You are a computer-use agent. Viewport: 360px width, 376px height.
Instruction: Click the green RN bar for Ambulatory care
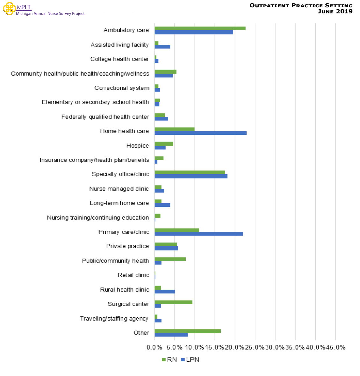coord(200,28)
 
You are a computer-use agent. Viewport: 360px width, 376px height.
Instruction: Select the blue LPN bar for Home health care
coord(200,133)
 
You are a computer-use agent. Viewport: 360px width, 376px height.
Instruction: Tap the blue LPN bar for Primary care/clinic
coord(198,234)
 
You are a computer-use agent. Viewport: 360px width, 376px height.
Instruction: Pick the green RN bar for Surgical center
coord(173,302)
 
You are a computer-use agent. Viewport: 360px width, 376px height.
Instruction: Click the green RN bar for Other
coord(187,331)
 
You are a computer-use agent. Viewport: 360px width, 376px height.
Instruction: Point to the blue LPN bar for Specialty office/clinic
coord(191,176)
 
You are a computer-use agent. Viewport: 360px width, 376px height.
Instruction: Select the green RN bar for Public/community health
coord(170,259)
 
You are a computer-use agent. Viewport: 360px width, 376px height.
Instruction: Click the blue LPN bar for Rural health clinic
coord(164,292)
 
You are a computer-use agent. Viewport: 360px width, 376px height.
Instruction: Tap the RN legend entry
coord(169,360)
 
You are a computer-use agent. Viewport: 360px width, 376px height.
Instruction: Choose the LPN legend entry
coord(190,360)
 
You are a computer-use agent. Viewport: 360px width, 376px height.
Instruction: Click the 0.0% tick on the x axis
coord(155,347)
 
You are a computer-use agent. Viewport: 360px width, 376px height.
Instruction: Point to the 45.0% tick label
coord(335,347)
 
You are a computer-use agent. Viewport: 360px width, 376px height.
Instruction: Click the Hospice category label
coord(137,146)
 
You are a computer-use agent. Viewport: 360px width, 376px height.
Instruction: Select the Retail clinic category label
coord(133,275)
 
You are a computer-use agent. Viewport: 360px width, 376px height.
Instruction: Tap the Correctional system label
coord(122,88)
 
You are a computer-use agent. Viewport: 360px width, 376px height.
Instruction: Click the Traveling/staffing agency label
coord(114,319)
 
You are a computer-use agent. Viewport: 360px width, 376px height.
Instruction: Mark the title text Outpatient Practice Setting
coord(301,5)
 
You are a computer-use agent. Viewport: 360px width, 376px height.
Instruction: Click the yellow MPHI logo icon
coord(9,9)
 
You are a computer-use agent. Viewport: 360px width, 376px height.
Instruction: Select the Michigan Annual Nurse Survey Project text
coord(50,14)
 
